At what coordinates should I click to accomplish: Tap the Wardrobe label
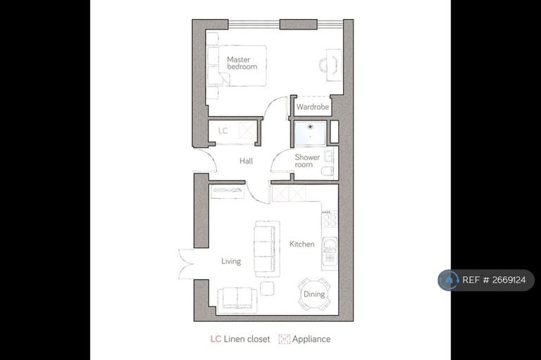pos(313,108)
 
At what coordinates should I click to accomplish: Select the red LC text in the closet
pos(223,131)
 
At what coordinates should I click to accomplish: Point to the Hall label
pos(246,161)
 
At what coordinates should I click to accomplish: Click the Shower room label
pos(307,161)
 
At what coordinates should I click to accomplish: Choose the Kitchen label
pos(302,244)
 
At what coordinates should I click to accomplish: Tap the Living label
pos(231,261)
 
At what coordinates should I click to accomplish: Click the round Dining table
pos(313,293)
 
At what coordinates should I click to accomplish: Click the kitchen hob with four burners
pos(329,219)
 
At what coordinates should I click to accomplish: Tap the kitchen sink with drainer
pos(329,253)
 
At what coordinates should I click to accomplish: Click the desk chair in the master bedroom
pos(324,66)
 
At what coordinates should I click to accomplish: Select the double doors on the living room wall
pos(185,263)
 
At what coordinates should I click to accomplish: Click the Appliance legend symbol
pos(285,339)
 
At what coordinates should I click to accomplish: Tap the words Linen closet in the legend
pos(247,339)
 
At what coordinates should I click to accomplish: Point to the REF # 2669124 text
pos(495,280)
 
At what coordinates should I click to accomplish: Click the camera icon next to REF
pos(449,280)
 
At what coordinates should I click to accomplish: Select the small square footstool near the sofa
pos(267,288)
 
